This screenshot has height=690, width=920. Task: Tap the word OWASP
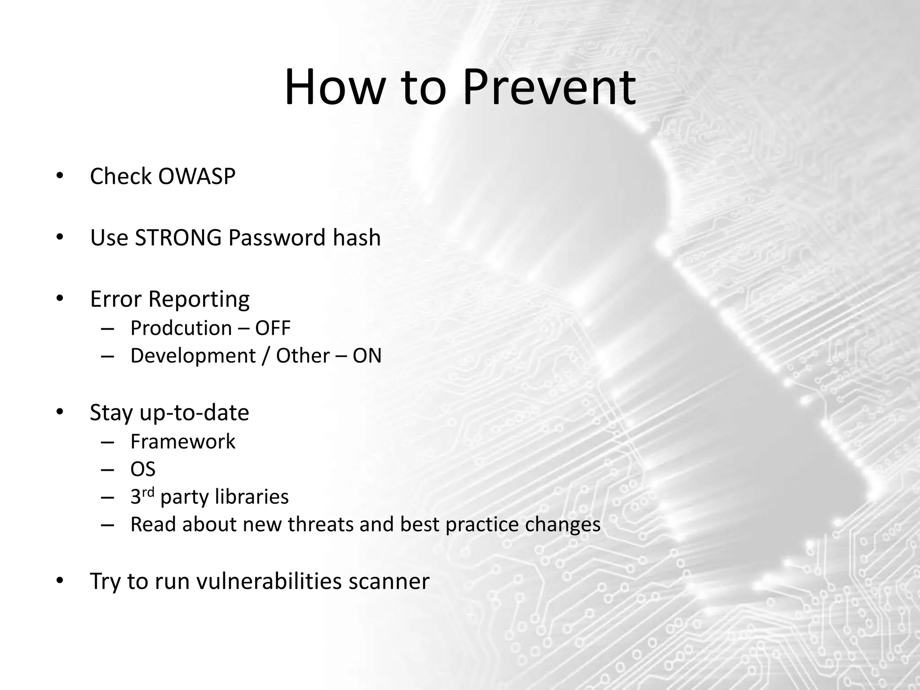tap(197, 176)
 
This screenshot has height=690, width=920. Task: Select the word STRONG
tap(178, 238)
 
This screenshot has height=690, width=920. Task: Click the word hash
tap(357, 238)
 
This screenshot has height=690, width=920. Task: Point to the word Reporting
tap(199, 300)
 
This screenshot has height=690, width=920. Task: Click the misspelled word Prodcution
tap(181, 328)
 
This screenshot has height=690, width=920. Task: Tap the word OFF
tap(273, 328)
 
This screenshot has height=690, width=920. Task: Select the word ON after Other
tap(367, 356)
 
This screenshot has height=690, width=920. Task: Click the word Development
tap(193, 356)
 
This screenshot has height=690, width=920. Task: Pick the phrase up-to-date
tap(194, 413)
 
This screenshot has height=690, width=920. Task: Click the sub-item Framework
tap(182, 442)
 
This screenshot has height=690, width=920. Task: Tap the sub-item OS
tap(143, 469)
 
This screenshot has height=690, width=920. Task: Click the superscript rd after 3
tap(148, 492)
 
